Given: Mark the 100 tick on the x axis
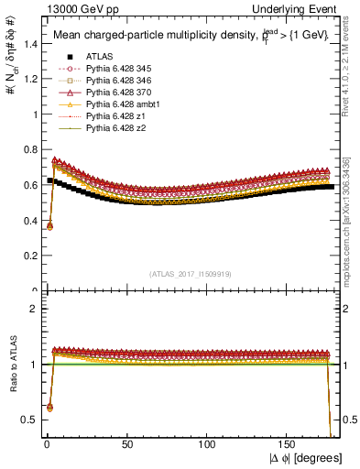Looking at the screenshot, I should [x=208, y=444].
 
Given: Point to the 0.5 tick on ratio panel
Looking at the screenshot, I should [x=30, y=420].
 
